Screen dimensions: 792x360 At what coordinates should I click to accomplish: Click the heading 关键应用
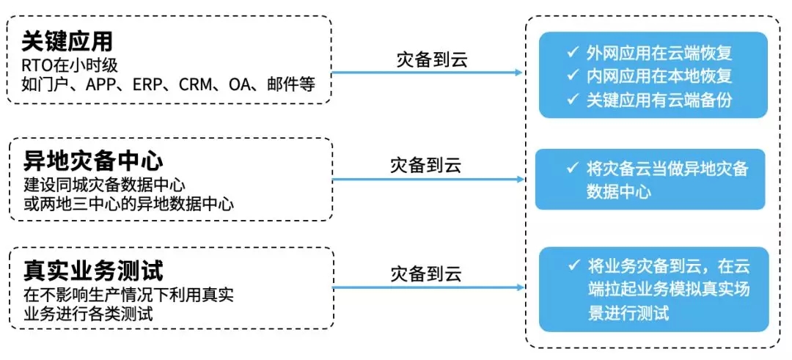(67, 43)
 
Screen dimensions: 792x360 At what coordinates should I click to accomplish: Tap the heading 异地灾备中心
(93, 162)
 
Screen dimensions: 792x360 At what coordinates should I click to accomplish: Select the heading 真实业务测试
(93, 271)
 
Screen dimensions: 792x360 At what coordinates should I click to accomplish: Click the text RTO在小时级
(65, 67)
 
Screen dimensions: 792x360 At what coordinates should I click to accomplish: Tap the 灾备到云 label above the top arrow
(433, 59)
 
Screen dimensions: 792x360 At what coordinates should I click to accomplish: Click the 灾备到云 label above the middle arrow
(426, 166)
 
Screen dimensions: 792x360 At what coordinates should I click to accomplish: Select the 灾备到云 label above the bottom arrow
(426, 274)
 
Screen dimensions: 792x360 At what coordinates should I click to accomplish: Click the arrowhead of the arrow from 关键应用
(518, 73)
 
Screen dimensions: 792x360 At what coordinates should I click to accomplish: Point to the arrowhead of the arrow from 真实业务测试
(520, 288)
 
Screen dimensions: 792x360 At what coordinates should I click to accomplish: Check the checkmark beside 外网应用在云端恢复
(572, 52)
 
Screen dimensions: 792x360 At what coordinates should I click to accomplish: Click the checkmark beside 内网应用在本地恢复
(572, 76)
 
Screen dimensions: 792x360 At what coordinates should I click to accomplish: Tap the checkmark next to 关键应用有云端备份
(572, 99)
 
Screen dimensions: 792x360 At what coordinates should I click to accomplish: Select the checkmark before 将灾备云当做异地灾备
(573, 167)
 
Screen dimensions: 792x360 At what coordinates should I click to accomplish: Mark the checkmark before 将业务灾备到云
(573, 265)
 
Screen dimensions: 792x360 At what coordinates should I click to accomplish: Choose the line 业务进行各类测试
(88, 314)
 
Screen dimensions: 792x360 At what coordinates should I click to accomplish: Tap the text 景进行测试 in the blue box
(628, 313)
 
